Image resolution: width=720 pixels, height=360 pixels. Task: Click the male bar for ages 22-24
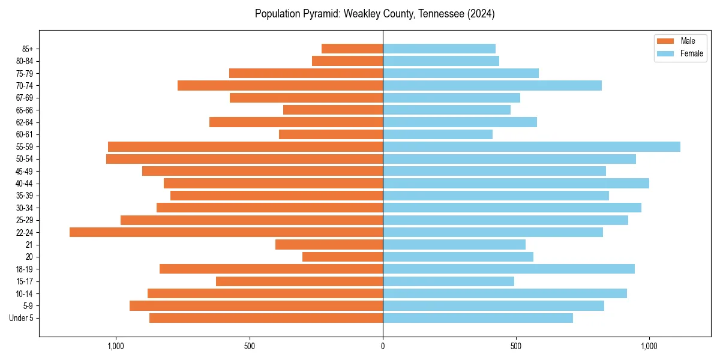[226, 232]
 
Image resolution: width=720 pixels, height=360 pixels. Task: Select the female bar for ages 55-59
[532, 146]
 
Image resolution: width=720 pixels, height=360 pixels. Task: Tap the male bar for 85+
[352, 49]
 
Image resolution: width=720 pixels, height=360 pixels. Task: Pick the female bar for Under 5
[478, 318]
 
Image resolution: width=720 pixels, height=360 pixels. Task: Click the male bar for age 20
[343, 257]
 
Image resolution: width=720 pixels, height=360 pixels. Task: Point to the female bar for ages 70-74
[492, 85]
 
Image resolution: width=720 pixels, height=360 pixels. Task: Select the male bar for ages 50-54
[244, 159]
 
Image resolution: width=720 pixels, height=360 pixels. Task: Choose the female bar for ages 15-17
[448, 281]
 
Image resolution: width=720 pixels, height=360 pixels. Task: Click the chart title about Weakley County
[374, 14]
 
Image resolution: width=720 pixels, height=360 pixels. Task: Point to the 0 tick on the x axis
[383, 346]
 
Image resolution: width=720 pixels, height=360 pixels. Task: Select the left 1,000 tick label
[115, 346]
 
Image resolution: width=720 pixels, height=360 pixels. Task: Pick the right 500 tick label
[516, 346]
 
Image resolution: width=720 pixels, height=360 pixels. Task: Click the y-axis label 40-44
[24, 184]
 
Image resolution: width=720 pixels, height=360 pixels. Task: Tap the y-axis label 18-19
[24, 269]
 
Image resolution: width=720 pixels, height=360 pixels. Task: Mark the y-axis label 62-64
[24, 122]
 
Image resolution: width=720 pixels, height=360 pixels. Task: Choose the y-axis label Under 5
[21, 318]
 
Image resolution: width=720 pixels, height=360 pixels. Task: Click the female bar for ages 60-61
[437, 134]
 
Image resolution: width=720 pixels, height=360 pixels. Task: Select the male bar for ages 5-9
[256, 306]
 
